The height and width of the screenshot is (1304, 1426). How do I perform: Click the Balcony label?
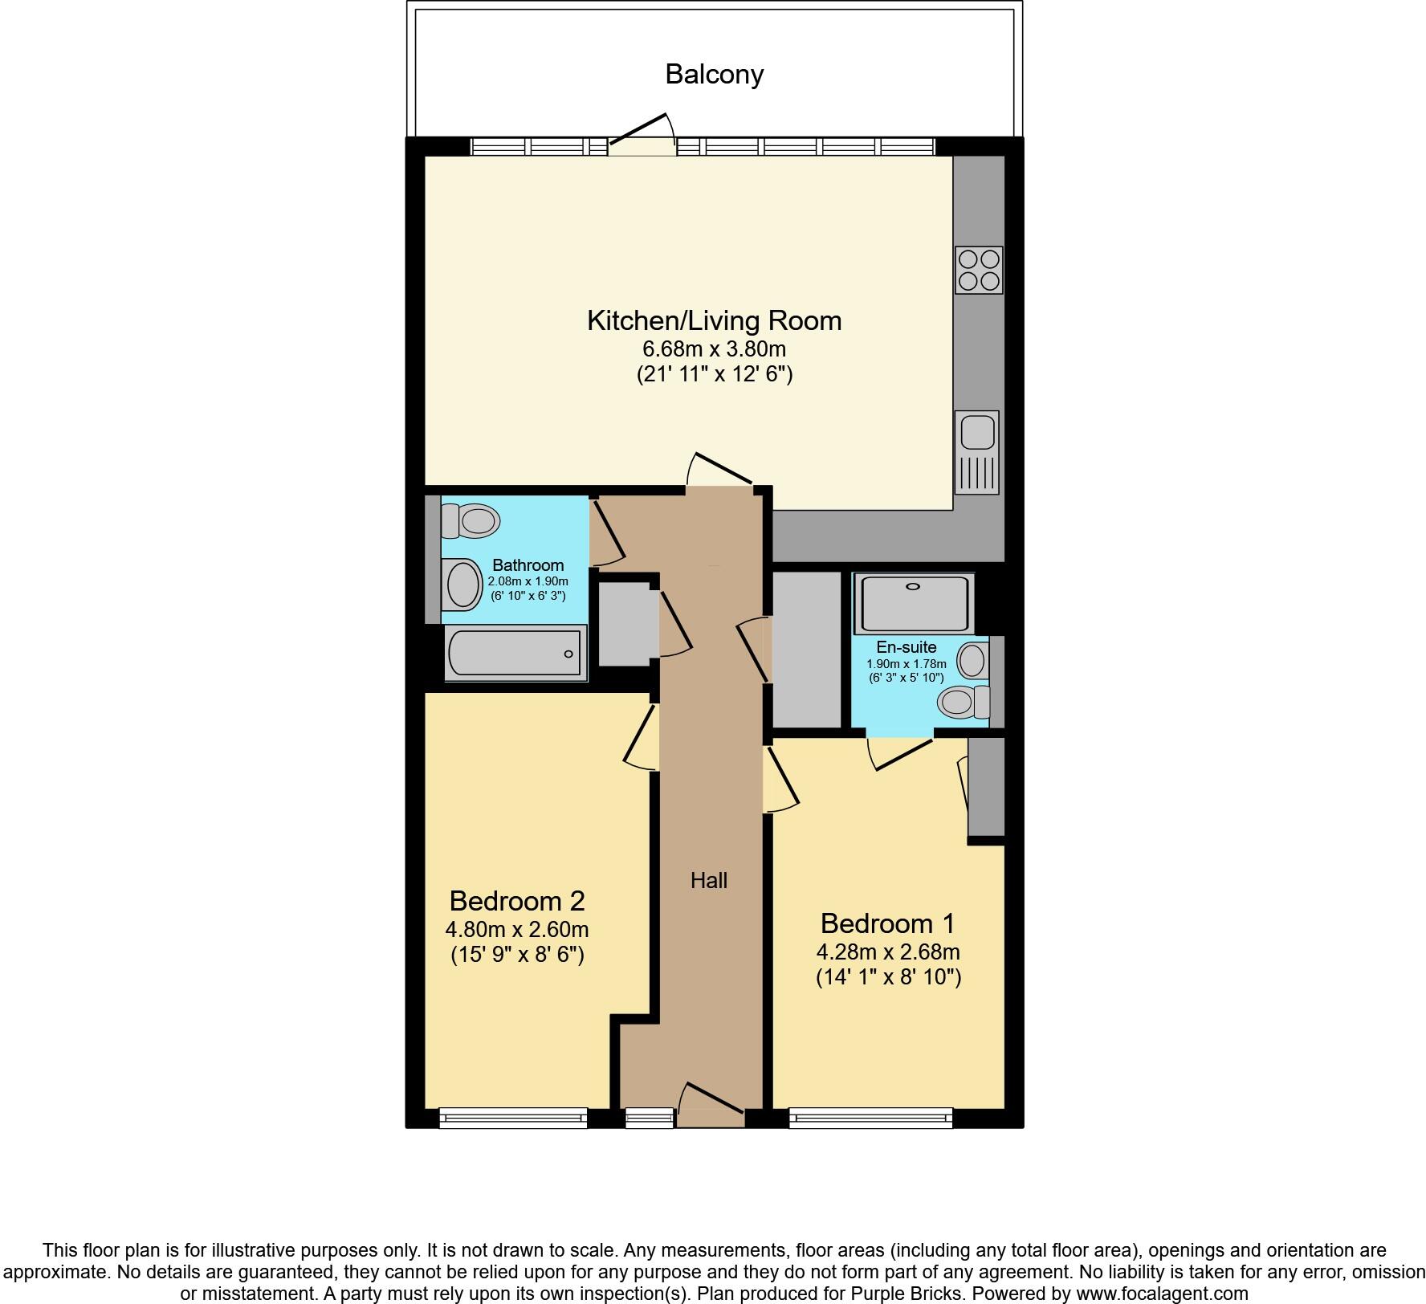coord(714,75)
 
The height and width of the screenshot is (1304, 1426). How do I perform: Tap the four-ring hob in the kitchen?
coord(979,270)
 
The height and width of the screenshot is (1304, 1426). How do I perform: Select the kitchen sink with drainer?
coord(976,452)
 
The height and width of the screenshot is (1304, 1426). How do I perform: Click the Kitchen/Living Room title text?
coord(714,320)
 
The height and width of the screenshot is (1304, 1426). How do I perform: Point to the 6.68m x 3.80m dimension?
coord(714,349)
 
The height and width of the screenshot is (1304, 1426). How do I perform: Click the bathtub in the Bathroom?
coord(515,653)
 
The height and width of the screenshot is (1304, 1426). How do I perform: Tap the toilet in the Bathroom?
coord(471,520)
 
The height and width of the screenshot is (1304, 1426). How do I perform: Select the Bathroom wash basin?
coord(461,585)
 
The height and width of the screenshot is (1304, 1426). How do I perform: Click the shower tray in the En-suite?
coord(914,603)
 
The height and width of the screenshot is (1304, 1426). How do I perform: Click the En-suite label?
coord(906,647)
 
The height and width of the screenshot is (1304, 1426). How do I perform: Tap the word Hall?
coord(709,881)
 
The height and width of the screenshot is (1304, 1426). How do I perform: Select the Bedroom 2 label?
coord(517,900)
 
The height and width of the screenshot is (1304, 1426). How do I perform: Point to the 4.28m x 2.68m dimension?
coord(888,952)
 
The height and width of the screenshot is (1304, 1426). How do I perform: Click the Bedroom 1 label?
coord(888,923)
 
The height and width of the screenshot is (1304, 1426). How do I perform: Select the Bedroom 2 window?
coord(514,1118)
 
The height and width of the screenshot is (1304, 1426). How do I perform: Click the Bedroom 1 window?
coord(871,1118)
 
